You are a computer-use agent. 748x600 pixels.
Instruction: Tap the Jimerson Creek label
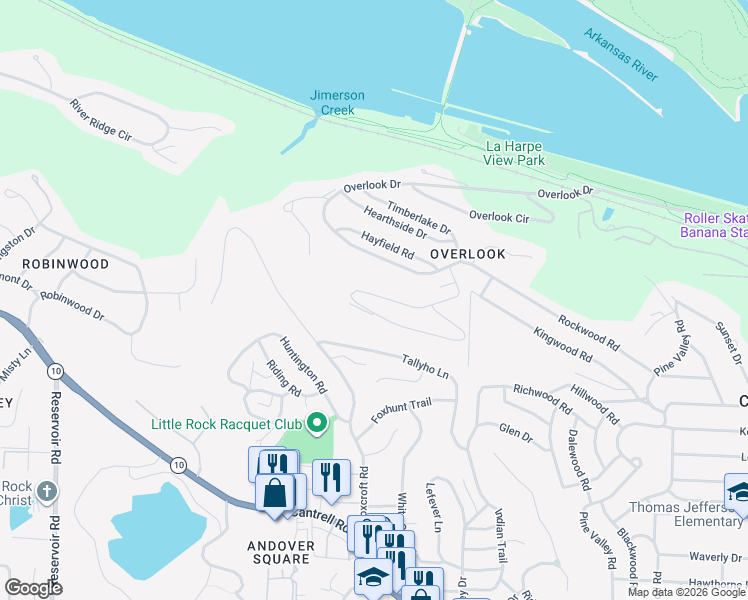point(337,103)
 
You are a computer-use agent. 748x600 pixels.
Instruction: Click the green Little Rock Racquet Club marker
point(318,424)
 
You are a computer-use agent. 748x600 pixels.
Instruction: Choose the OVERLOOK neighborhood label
point(468,254)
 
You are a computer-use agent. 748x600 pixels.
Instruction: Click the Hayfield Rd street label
point(388,246)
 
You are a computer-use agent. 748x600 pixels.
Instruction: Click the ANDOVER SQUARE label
point(280,552)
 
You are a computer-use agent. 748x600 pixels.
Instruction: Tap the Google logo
point(33,588)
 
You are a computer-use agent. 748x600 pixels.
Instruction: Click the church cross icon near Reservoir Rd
point(49,492)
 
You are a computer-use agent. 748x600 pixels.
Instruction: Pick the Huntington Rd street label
point(303,362)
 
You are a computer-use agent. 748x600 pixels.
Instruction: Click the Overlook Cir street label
point(498,216)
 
